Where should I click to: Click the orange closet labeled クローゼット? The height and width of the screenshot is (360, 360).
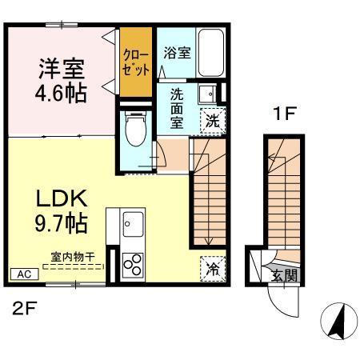pos(135,62)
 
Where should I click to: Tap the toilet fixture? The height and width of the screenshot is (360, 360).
pos(136,128)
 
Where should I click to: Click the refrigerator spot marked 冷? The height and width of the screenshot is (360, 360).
pos(211,269)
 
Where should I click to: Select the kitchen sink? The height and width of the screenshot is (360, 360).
pos(133,225)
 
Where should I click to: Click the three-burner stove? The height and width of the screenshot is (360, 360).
pos(133,263)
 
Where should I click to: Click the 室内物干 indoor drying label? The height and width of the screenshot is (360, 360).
pos(73,257)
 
